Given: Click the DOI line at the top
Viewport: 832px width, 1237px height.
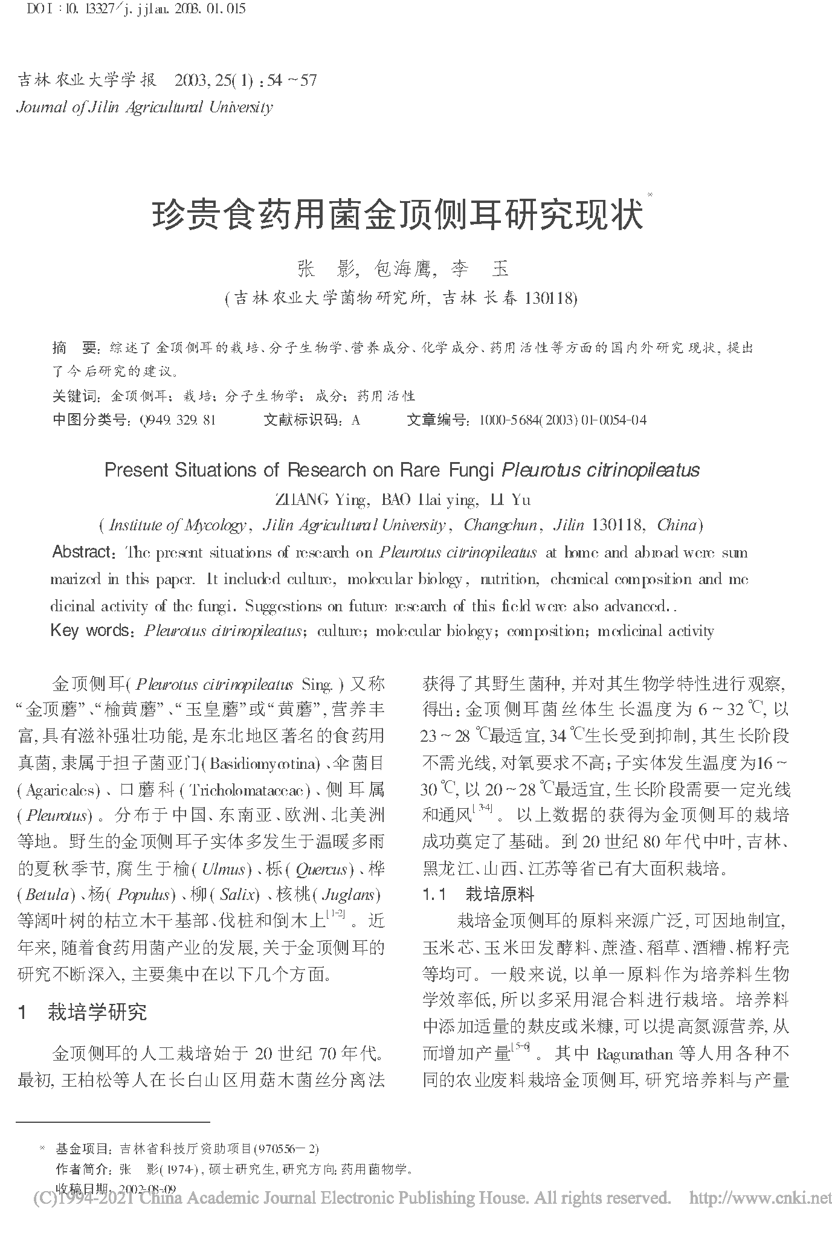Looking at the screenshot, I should click(x=132, y=10).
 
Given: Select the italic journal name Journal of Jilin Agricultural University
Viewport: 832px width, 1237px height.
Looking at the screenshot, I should click(x=145, y=108).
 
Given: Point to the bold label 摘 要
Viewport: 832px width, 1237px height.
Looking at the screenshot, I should click(x=75, y=348).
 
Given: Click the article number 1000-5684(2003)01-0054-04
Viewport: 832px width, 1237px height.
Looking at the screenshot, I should click(x=562, y=420).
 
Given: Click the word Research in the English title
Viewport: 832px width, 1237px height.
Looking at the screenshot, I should click(x=326, y=471).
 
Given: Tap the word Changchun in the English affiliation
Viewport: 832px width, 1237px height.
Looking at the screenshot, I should click(x=500, y=525).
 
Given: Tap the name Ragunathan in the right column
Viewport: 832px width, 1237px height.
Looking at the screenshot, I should click(x=634, y=1054).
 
